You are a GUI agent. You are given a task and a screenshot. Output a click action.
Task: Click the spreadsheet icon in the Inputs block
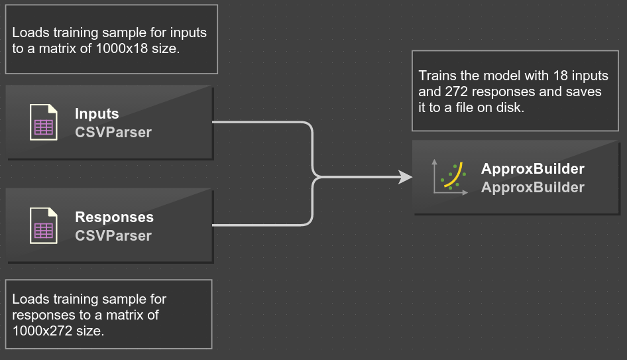point(44,122)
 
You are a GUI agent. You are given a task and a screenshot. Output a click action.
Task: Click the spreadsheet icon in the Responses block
point(44,225)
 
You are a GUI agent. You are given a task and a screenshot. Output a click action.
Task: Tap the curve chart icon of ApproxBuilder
point(450,177)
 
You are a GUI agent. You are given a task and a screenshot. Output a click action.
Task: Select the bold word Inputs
point(97,114)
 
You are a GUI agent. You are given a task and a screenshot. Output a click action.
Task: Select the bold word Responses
point(115,217)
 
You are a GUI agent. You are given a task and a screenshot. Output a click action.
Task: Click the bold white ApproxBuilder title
point(533,169)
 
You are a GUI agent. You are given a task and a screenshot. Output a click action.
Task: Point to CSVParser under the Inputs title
point(113,133)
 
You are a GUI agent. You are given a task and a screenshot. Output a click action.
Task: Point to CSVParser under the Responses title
point(113,236)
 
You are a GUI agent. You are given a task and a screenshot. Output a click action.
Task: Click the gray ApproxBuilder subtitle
point(533,187)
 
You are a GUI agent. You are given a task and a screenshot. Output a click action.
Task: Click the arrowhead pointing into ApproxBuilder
point(406,177)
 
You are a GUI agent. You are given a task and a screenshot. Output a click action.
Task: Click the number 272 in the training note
point(456,91)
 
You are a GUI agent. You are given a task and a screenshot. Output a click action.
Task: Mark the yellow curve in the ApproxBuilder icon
point(454,175)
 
